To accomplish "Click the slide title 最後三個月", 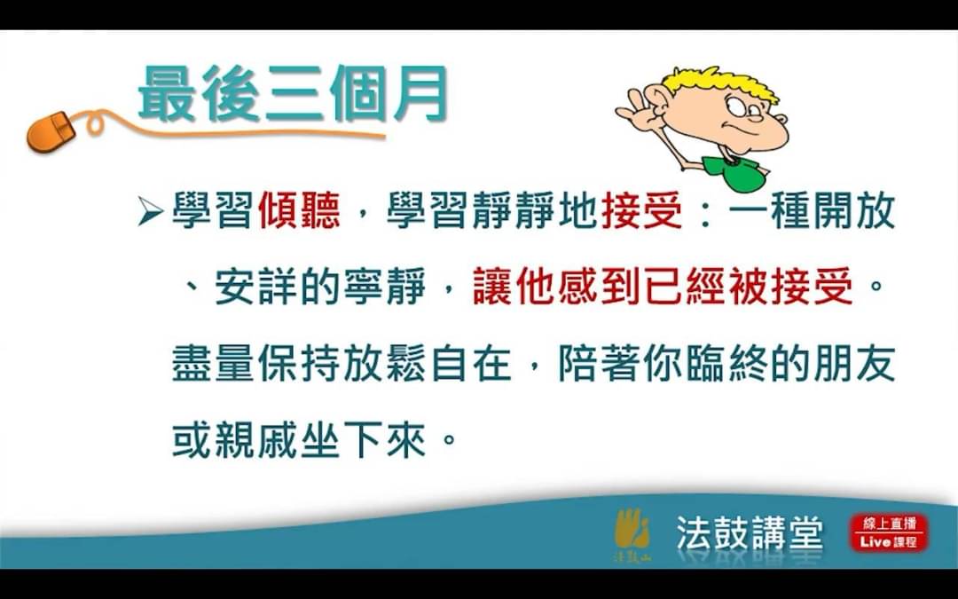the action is click(294, 93).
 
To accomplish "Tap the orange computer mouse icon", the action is click(51, 131).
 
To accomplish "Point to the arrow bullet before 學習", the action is click(150, 211).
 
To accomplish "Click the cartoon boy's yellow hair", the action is click(721, 83).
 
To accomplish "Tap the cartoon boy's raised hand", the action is click(639, 110).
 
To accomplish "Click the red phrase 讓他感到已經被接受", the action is click(663, 287).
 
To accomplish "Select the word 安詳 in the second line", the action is click(256, 287).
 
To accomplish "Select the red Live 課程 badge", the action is click(890, 532).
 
